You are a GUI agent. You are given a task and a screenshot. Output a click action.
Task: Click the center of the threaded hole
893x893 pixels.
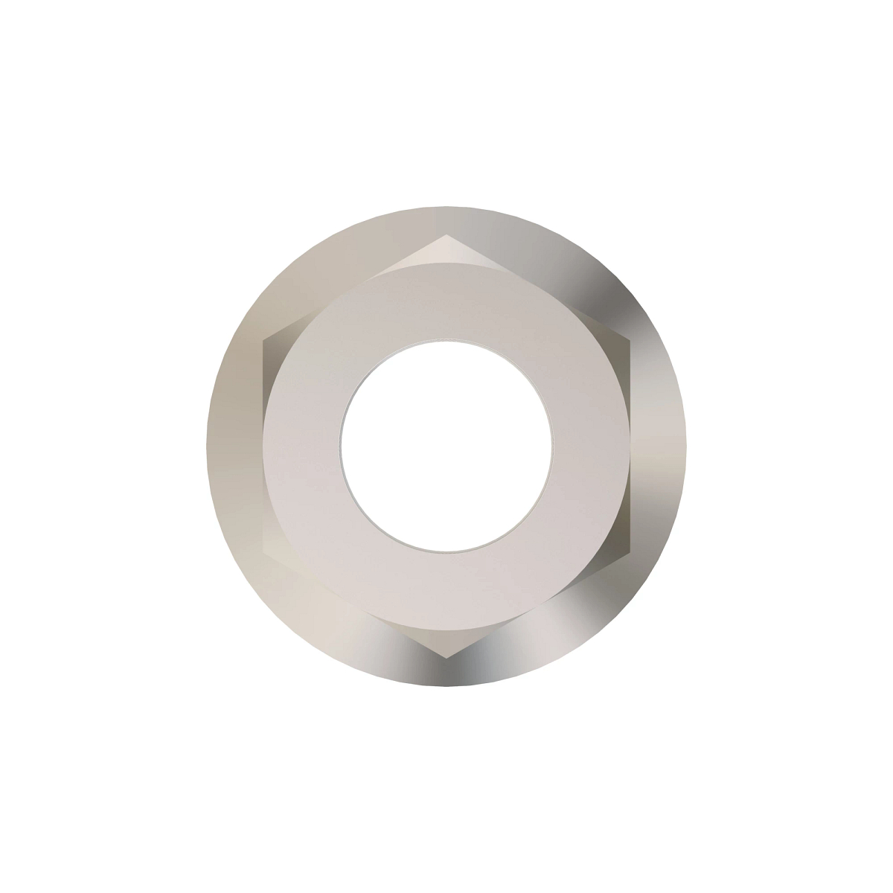click(446, 446)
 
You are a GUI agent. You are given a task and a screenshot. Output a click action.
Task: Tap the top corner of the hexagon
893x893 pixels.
click(446, 235)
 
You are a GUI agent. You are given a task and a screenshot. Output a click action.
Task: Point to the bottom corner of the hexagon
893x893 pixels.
click(446, 658)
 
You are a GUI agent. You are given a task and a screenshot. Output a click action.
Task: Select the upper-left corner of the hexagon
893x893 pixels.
click(263, 341)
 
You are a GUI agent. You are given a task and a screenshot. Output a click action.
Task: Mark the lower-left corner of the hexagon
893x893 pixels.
click(263, 551)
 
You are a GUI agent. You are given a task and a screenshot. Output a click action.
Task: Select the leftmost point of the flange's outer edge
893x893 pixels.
click(206, 446)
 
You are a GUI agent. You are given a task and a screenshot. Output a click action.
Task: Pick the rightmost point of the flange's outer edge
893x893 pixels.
click(687, 446)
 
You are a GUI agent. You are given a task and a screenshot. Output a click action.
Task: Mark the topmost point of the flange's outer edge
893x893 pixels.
click(446, 206)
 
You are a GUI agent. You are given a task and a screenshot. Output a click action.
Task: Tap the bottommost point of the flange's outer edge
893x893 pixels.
click(446, 687)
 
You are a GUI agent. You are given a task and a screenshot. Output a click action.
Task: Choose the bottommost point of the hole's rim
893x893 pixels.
click(446, 552)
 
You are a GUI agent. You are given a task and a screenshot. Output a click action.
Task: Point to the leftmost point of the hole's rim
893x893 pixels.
click(341, 446)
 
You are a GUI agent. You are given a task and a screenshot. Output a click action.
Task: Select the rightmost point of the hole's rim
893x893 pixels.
click(552, 446)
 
